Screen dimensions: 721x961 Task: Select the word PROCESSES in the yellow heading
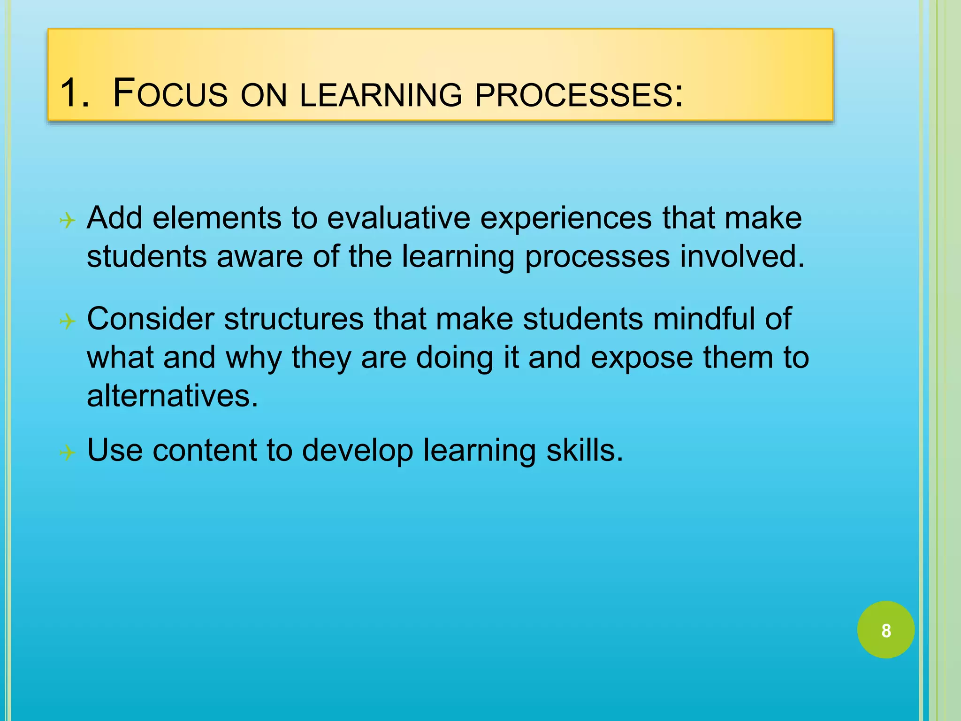point(579,95)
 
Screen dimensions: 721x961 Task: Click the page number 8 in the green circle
point(886,630)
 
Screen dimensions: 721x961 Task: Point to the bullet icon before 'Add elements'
point(68,220)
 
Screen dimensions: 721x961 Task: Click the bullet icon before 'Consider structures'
point(68,322)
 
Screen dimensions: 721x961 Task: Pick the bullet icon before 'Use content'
point(68,453)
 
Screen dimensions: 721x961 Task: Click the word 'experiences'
point(566,219)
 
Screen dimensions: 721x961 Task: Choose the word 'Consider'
point(151,319)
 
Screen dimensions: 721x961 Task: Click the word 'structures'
point(294,319)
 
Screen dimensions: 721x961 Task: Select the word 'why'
point(254,358)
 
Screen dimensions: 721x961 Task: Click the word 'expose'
point(641,358)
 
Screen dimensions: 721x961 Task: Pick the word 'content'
point(205,450)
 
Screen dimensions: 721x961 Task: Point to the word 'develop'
point(358,451)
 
